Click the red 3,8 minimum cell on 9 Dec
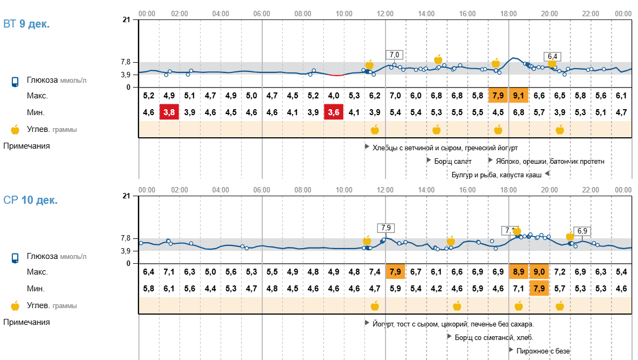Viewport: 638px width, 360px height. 169,112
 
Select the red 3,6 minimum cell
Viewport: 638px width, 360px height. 334,112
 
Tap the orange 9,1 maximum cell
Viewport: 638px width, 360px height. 519,96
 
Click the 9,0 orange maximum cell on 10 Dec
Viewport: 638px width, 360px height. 539,272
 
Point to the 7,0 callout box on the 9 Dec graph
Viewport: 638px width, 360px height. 394,55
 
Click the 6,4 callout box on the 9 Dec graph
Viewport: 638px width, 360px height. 553,56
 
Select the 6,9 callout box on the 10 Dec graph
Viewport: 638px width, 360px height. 582,231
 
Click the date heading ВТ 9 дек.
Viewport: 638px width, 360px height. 26,24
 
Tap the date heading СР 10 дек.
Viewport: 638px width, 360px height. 30,201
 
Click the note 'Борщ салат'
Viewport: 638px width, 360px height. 453,161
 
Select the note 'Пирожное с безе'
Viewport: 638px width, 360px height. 543,351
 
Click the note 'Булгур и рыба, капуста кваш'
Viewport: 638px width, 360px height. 497,174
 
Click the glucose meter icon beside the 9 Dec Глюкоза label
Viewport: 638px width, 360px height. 15,82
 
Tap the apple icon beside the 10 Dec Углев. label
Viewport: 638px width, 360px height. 15,306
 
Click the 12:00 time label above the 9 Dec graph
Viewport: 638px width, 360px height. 385,13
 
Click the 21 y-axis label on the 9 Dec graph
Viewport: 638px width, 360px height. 126,20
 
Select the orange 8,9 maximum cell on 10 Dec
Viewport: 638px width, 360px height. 519,272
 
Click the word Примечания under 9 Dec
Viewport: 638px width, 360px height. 26,146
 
